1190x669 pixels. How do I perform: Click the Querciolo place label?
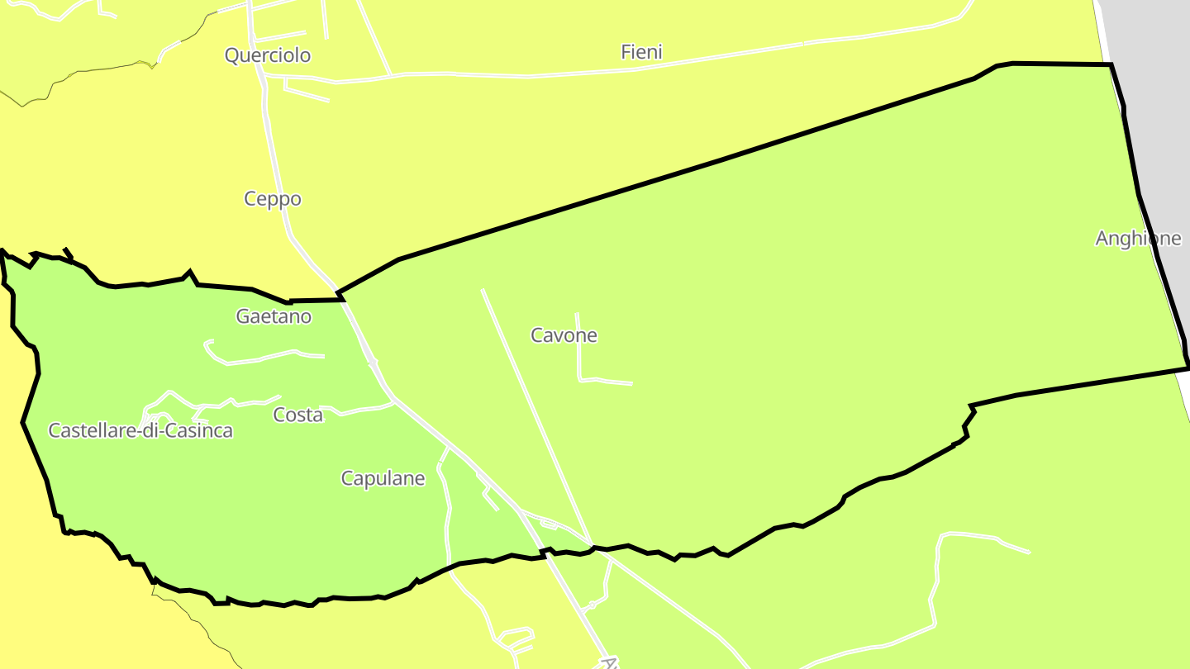(268, 55)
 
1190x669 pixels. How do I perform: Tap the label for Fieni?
(641, 52)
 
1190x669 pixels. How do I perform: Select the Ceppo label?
(273, 199)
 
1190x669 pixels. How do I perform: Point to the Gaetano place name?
(274, 316)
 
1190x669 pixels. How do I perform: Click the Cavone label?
(564, 335)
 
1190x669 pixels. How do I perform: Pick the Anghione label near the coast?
(1138, 239)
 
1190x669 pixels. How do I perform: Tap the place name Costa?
(297, 415)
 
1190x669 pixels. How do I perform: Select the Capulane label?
(383, 478)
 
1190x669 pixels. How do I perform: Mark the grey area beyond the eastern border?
(1157, 83)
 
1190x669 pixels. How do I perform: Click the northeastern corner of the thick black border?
(1111, 64)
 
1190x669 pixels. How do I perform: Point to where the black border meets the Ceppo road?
(339, 294)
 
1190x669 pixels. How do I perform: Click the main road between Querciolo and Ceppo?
(266, 124)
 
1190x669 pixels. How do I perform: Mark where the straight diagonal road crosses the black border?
(592, 545)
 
